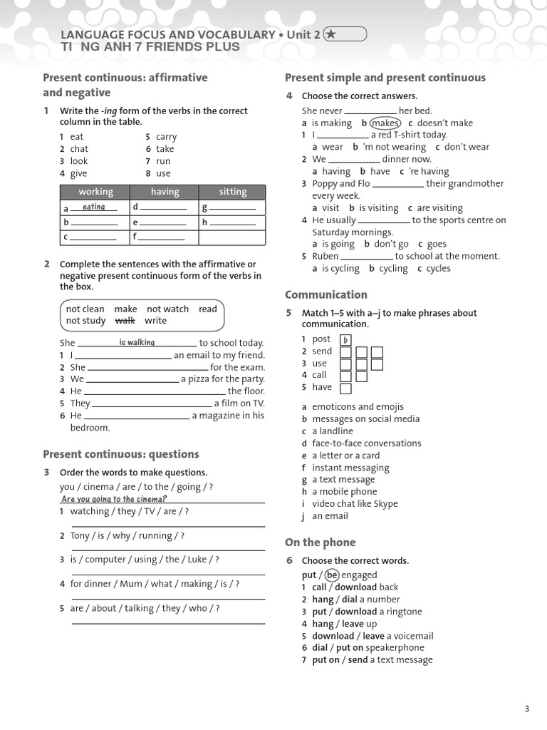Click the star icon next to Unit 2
[x=331, y=34]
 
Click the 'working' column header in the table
[x=95, y=192]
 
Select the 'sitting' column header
[x=233, y=192]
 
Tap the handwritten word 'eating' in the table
[x=93, y=207]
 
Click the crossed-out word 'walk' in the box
[x=125, y=320]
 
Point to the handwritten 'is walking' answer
[x=137, y=342]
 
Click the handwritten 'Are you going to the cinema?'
[x=114, y=499]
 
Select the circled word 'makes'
[x=385, y=123]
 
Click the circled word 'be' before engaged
[x=331, y=575]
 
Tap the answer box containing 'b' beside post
[x=345, y=340]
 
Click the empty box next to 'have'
[x=345, y=389]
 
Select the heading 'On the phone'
[x=320, y=542]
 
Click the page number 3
[x=526, y=708]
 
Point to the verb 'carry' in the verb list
[x=166, y=137]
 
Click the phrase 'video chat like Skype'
[x=355, y=503]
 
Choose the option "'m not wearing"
[x=394, y=147]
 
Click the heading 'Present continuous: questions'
[x=121, y=454]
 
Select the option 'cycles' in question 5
[x=438, y=268]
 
